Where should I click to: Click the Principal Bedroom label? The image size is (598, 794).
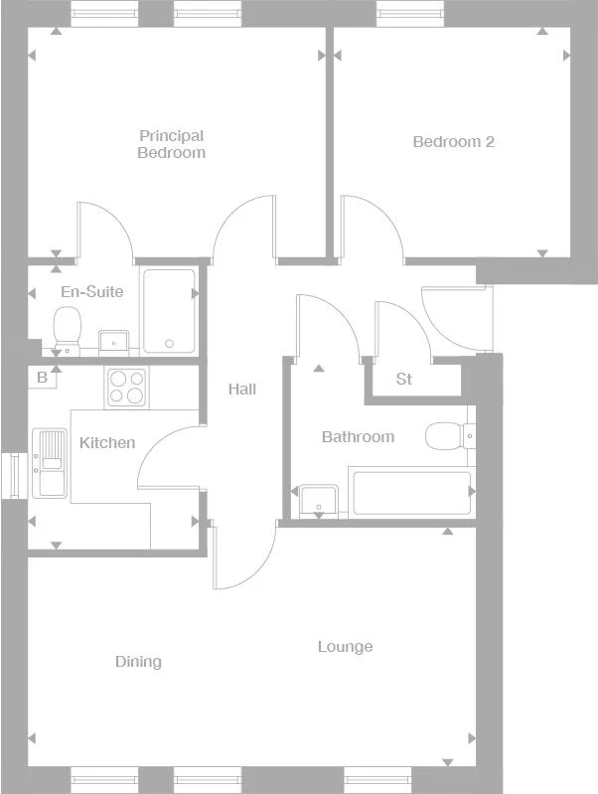pos(171,144)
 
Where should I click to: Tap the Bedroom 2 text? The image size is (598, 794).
pos(453,142)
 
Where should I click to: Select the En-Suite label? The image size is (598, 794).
pos(91,292)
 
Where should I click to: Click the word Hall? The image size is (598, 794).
pos(242,389)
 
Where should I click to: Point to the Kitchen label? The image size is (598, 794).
pos(107,442)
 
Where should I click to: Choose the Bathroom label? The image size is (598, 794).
pos(358,436)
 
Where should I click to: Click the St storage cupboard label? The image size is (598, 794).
pos(404,379)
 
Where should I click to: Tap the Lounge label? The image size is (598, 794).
pos(345,647)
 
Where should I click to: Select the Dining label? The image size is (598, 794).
pos(138,662)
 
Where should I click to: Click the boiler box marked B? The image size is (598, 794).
pos(42,378)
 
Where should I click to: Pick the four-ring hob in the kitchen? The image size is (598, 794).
pos(125,387)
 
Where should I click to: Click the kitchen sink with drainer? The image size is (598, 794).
pos(49,462)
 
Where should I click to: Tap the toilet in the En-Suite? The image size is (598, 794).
pos(68,327)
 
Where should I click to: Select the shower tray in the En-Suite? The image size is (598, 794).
pos(169,311)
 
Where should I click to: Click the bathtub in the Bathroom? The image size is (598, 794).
pos(411,494)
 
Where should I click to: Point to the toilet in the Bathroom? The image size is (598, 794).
pos(448,435)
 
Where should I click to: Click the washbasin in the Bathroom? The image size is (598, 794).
pos(319,500)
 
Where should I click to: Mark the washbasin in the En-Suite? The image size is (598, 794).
pos(114,342)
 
